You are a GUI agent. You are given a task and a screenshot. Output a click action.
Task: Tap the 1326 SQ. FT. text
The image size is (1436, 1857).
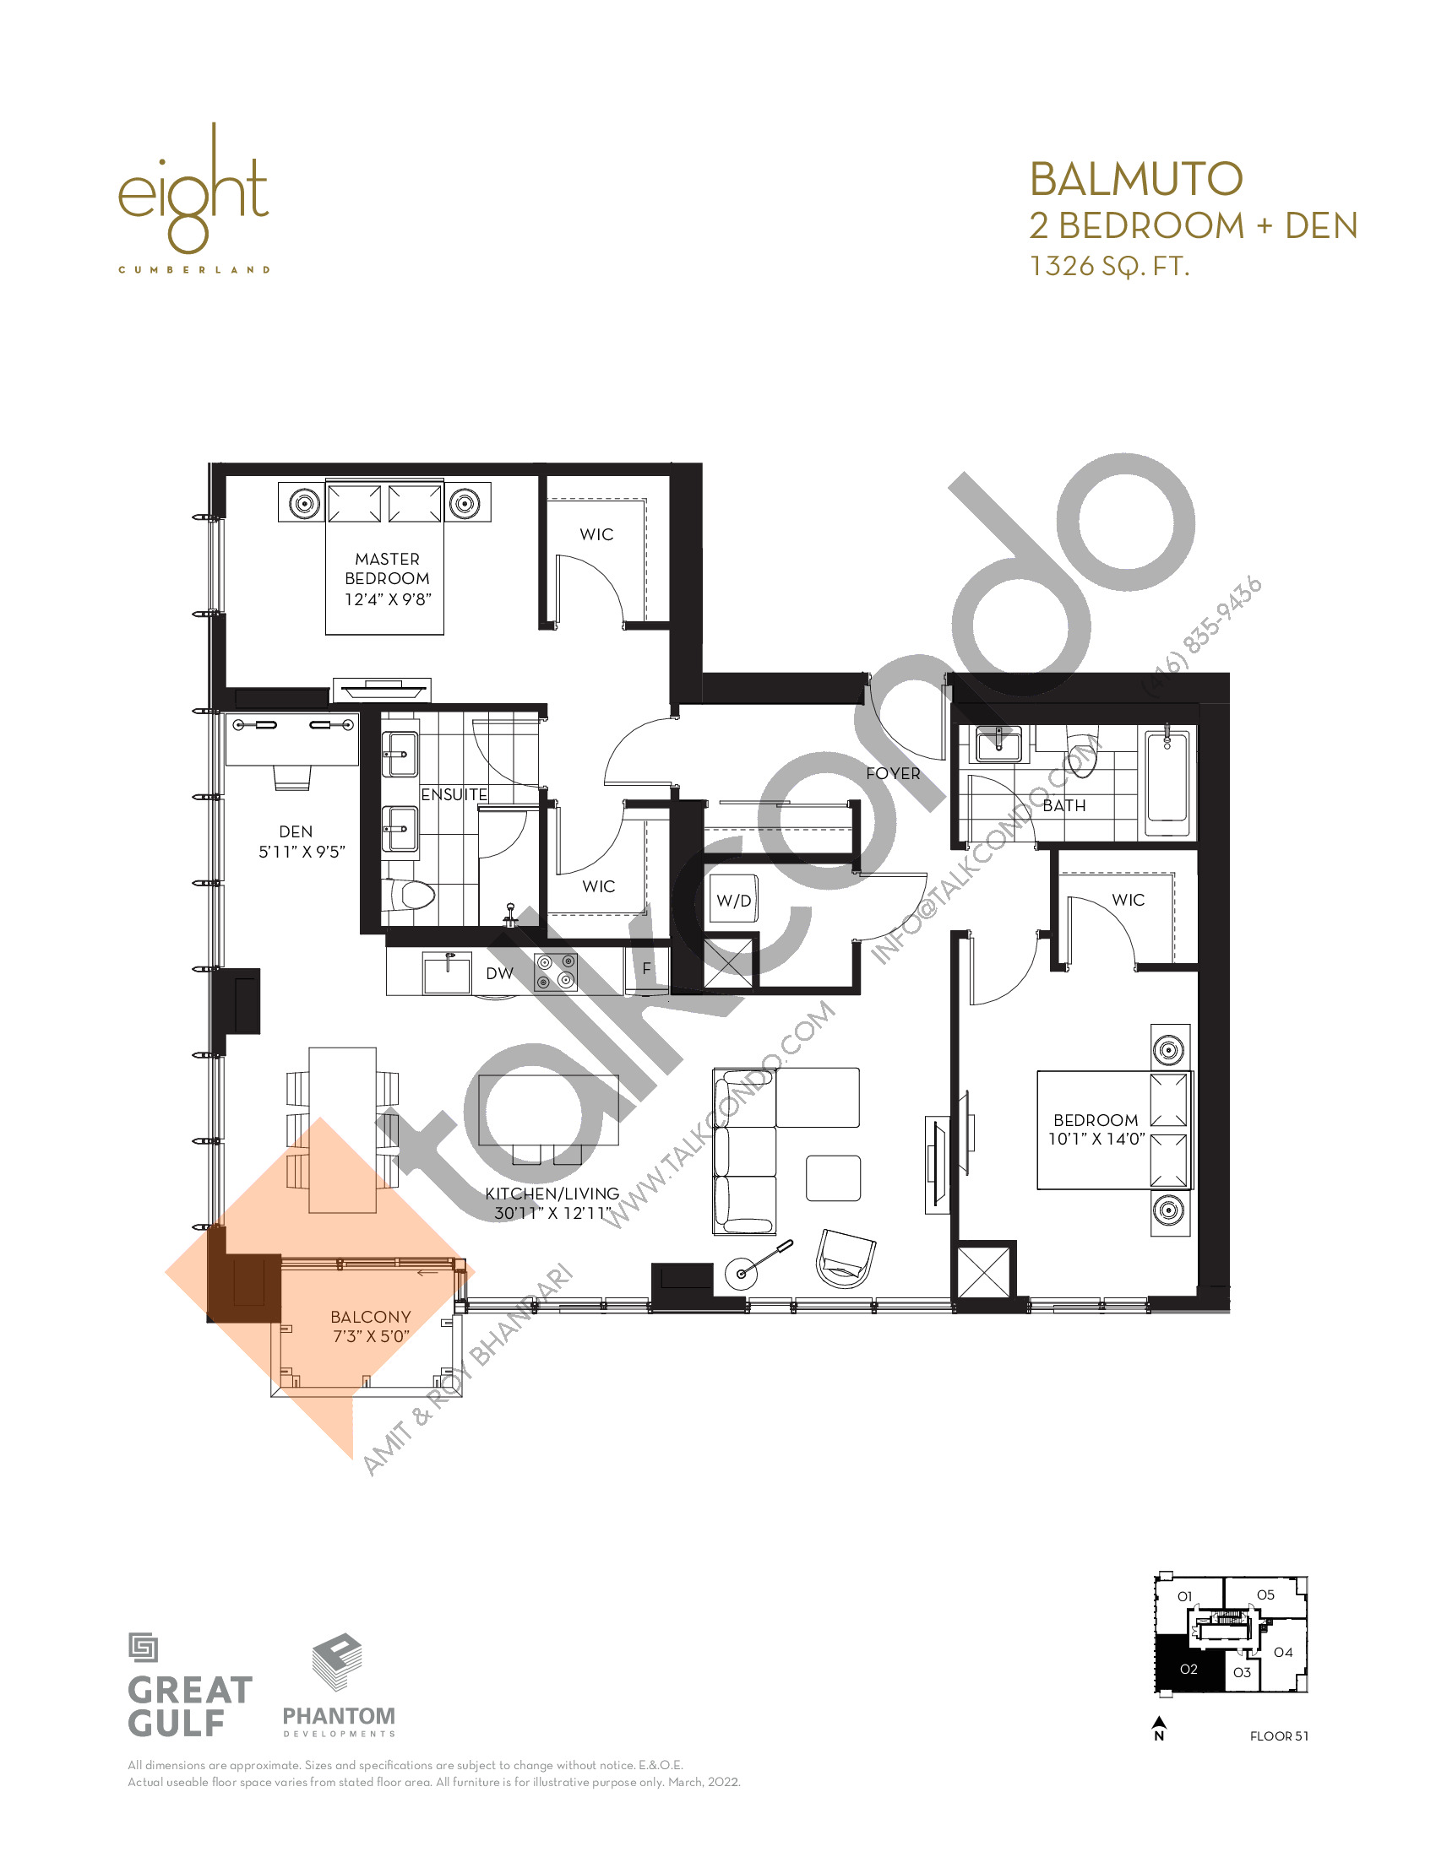[1108, 266]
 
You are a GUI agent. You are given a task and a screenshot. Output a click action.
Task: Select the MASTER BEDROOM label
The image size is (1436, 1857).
[387, 568]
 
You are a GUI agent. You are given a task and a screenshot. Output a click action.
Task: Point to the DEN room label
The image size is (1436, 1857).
[296, 831]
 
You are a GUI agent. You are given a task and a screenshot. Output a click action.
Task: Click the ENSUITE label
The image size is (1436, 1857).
[454, 794]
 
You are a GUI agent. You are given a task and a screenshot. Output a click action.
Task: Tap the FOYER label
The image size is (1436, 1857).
[893, 773]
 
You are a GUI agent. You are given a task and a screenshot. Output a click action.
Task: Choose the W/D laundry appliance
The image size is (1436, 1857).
[734, 901]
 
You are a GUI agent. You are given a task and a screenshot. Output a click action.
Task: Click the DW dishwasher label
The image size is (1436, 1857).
[499, 972]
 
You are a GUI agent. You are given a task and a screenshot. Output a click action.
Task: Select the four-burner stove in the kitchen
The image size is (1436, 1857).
[556, 972]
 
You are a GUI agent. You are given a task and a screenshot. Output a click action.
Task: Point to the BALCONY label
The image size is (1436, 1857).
[371, 1316]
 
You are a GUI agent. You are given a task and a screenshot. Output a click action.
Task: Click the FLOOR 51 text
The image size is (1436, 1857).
[1279, 1735]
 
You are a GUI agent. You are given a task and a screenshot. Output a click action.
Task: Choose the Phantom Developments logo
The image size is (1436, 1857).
[339, 1685]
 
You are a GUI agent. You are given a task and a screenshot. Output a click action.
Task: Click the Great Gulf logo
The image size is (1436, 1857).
[190, 1685]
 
